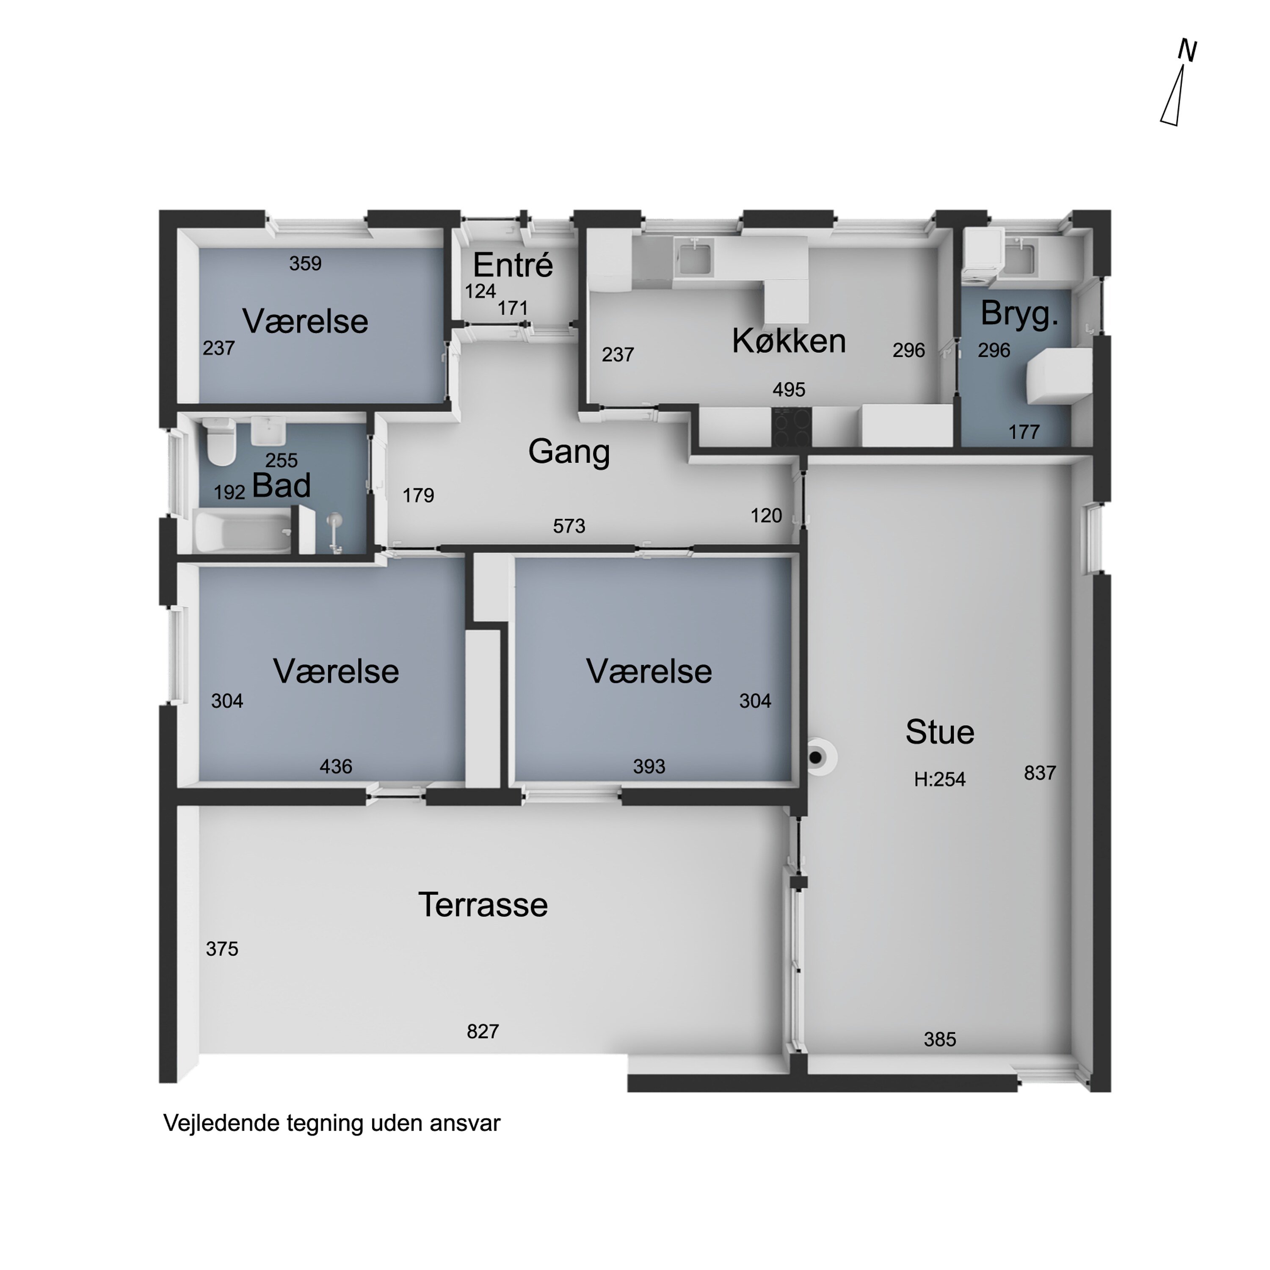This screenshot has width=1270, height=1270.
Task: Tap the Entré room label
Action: pyautogui.click(x=513, y=265)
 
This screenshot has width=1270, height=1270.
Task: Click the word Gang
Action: pyautogui.click(x=569, y=452)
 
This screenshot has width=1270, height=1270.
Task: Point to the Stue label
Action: pyautogui.click(x=939, y=732)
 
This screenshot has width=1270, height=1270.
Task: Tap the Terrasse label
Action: pyautogui.click(x=483, y=905)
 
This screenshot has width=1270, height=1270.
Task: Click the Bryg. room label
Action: pyautogui.click(x=1019, y=314)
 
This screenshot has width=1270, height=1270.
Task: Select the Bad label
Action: pyautogui.click(x=282, y=486)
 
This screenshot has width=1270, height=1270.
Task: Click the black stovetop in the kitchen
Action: pyautogui.click(x=792, y=427)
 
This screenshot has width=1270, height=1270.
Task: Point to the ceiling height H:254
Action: pyautogui.click(x=939, y=780)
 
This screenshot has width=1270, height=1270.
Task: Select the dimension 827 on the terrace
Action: pyautogui.click(x=483, y=1031)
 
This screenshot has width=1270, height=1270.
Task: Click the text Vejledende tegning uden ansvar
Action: pyautogui.click(x=332, y=1124)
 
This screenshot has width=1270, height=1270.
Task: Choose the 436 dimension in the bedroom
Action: pyautogui.click(x=336, y=767)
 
